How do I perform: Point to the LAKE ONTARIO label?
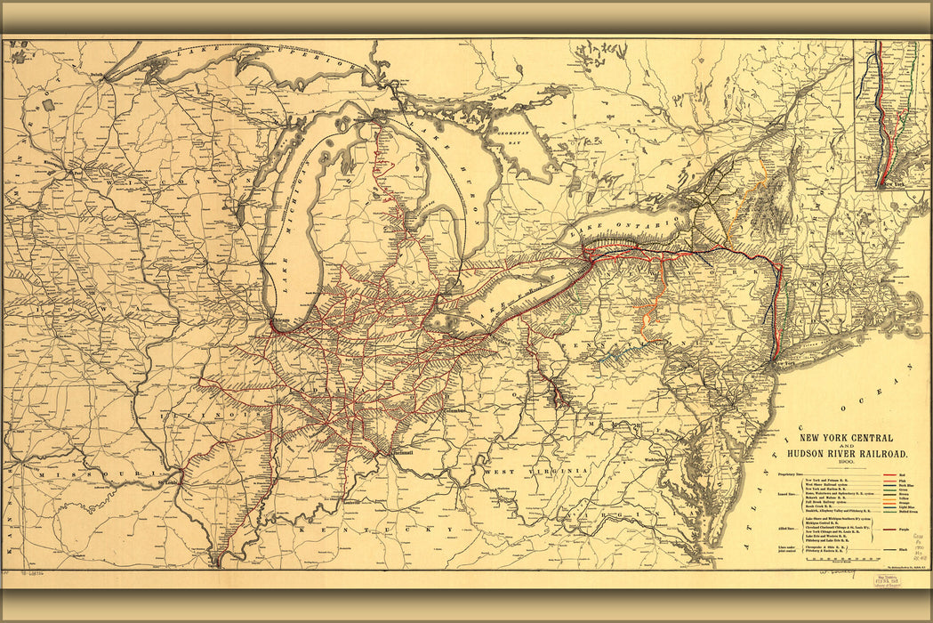(614, 228)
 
